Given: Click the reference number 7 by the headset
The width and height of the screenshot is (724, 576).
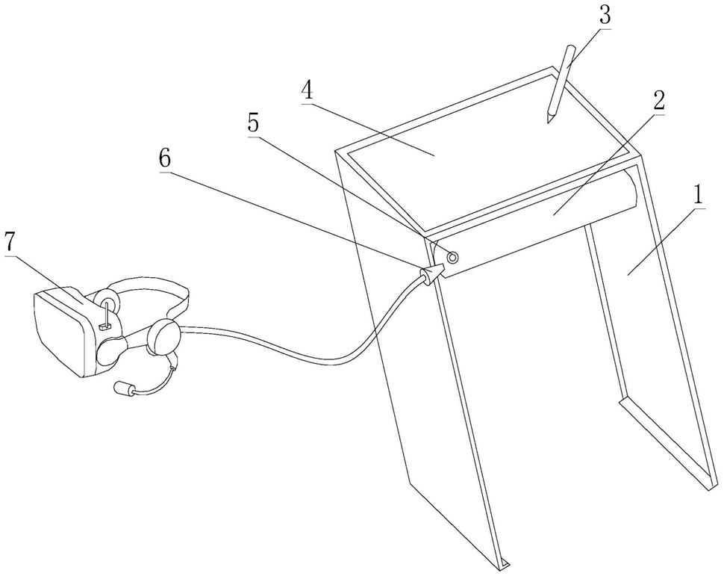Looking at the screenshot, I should tap(10, 243).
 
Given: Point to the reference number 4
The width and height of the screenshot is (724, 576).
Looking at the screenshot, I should tap(307, 90).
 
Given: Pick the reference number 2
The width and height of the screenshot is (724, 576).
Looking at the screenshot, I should tap(658, 103).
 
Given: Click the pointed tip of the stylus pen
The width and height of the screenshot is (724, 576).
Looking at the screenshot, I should tap(549, 121).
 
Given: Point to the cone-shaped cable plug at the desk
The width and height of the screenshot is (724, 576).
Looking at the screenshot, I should tap(430, 276).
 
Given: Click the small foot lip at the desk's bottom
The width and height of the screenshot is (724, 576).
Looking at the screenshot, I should tap(506, 561).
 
